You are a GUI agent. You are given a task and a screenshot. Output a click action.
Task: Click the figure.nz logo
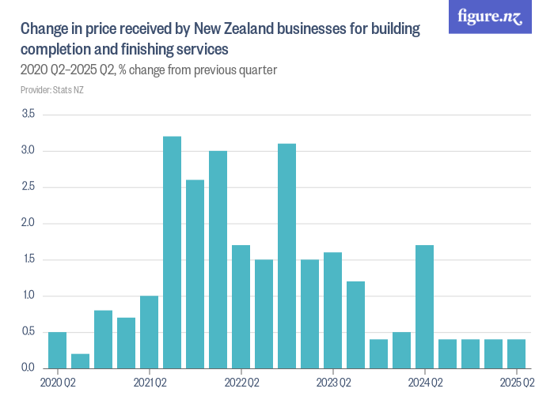490,17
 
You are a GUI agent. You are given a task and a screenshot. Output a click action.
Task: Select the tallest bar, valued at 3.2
172,252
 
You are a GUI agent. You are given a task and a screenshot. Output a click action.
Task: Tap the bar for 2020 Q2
57,350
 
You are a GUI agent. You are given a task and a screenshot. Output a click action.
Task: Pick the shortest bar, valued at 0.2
80,361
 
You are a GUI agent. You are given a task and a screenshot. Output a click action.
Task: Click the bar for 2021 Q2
149,332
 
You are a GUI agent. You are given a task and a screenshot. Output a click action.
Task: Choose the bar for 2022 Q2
241,307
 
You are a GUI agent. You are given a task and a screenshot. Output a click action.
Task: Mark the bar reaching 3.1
286,256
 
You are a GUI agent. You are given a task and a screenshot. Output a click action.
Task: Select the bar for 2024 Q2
424,307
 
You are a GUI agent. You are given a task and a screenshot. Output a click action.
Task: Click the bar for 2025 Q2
516,353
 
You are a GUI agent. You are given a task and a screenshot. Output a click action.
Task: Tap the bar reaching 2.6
195,274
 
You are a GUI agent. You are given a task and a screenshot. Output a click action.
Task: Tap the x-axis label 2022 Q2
241,383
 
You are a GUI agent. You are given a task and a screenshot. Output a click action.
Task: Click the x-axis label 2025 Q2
517,383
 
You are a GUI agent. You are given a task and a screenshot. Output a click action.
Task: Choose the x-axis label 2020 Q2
58,383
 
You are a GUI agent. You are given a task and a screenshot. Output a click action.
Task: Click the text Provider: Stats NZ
51,90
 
